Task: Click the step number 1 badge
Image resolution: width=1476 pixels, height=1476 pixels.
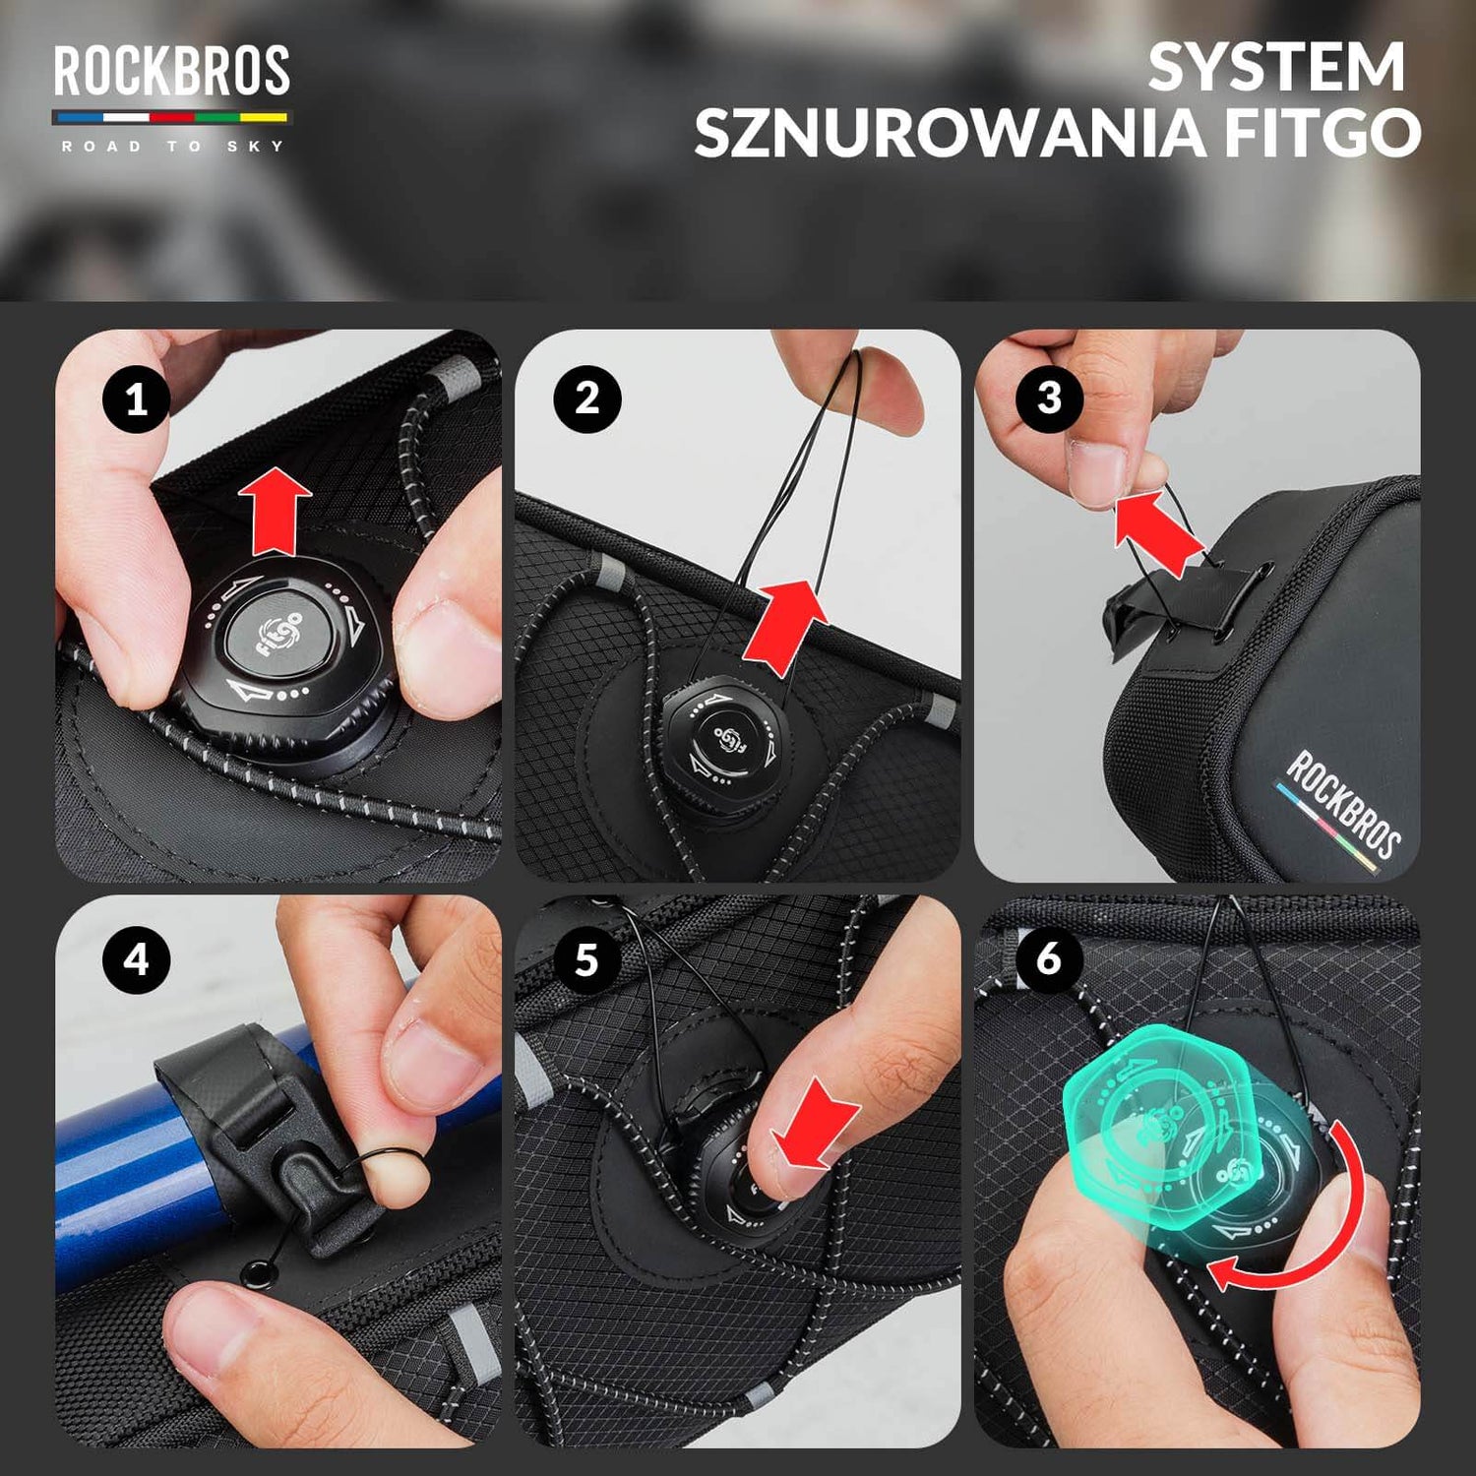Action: click(136, 400)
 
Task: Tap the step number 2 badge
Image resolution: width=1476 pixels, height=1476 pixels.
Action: click(586, 399)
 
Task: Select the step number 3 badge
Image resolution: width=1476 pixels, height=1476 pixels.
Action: click(1049, 399)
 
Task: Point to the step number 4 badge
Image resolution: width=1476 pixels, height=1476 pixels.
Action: click(136, 959)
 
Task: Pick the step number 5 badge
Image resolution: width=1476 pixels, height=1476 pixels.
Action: click(586, 959)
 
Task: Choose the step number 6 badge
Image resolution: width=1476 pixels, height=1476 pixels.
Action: click(1049, 957)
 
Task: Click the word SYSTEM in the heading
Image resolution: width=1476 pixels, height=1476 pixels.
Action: click(1276, 67)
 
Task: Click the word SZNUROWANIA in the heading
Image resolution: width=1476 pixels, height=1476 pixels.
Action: click(949, 133)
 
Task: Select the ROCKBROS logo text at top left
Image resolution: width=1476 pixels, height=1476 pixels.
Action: click(171, 71)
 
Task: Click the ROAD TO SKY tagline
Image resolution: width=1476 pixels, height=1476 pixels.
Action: click(171, 146)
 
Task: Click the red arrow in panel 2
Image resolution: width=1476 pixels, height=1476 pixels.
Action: click(783, 626)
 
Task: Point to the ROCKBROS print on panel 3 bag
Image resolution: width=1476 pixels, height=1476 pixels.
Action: click(1343, 802)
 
